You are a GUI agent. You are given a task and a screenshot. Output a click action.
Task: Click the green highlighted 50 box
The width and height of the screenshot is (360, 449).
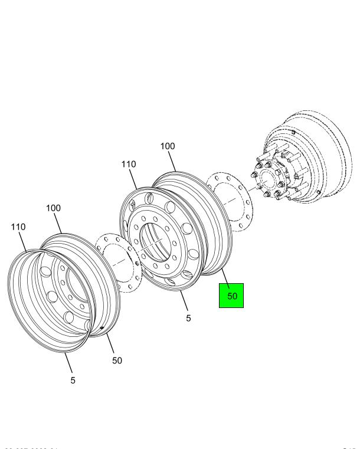pyautogui.click(x=231, y=296)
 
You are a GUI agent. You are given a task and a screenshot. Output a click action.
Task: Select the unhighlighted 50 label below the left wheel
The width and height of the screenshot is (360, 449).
pyautogui.click(x=117, y=360)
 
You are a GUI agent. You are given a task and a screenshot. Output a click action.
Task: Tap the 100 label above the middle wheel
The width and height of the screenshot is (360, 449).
pyautogui.click(x=168, y=146)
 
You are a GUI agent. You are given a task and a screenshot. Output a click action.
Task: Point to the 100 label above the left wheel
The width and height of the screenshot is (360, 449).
pyautogui.click(x=54, y=208)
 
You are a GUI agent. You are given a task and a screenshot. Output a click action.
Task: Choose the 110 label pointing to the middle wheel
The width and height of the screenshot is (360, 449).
pyautogui.click(x=129, y=165)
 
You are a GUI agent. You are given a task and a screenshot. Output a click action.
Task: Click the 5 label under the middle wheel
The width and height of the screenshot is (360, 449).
pyautogui.click(x=188, y=318)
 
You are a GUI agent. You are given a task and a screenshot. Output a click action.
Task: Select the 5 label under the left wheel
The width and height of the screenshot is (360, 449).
pyautogui.click(x=73, y=381)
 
